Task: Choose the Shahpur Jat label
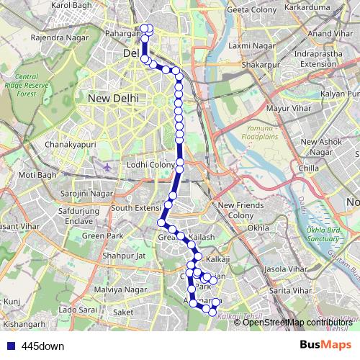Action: point(124,255)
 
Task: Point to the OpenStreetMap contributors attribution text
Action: point(298,322)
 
